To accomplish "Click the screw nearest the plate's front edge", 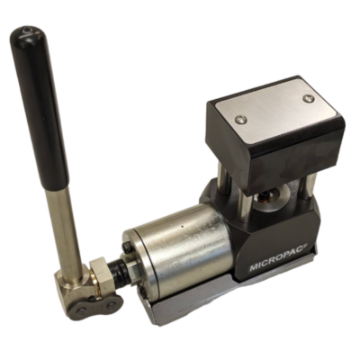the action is pyautogui.click(x=241, y=119).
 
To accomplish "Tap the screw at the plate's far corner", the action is pyautogui.click(x=308, y=97).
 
